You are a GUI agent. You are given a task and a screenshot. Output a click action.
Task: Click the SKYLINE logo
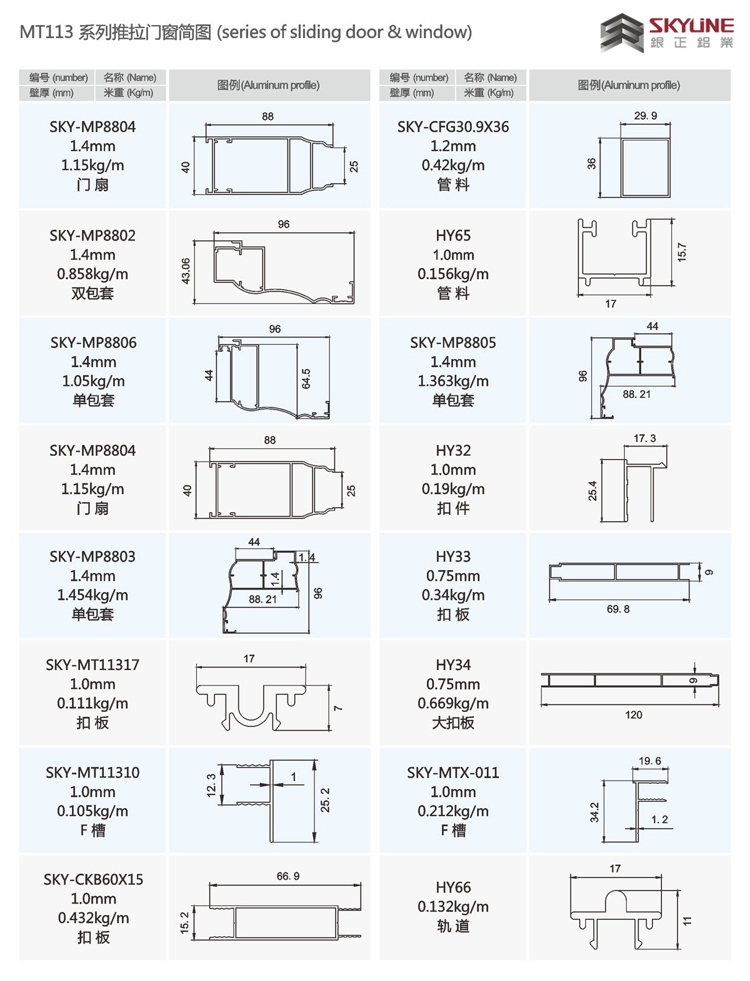coord(667,33)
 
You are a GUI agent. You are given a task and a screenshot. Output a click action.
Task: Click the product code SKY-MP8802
coord(92,235)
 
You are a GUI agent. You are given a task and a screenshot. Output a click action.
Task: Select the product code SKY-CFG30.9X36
coord(453,127)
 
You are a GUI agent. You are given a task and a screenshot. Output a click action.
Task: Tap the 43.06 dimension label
coord(186,271)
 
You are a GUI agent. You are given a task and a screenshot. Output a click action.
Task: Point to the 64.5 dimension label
coord(306,379)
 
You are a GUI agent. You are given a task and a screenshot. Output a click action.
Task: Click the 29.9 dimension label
coord(646,116)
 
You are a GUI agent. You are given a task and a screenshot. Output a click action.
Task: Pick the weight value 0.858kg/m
coord(92,274)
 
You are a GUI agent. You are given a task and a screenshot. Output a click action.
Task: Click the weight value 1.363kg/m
coord(453,381)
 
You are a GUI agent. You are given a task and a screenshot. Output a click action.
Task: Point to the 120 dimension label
coord(633,715)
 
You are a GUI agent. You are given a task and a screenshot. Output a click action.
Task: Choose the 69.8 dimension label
coord(618,609)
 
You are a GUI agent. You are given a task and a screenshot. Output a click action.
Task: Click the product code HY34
coord(453,665)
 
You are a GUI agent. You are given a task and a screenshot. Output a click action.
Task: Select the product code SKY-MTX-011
coord(453,773)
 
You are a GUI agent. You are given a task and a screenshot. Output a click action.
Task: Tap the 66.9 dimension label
coord(288,876)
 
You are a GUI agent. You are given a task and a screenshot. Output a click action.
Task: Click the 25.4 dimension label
coord(592,491)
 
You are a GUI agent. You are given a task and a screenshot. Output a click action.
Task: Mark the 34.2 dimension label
coord(594,812)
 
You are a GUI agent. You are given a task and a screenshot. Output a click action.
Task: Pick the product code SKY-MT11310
coord(92,773)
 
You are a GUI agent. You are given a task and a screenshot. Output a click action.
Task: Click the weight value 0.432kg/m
coord(94,919)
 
